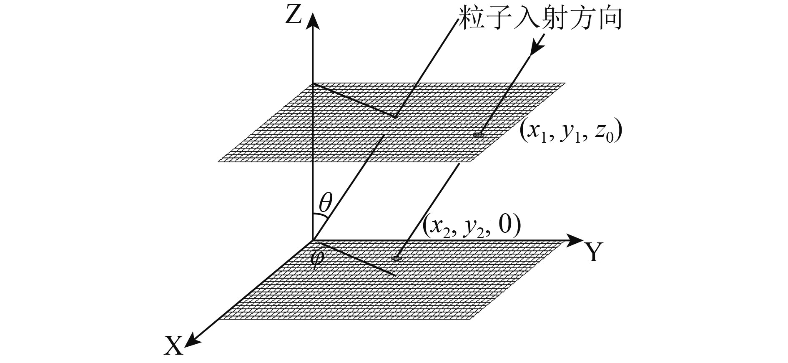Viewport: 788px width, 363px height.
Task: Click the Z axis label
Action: pyautogui.click(x=293, y=16)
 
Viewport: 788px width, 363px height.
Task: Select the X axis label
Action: pyautogui.click(x=173, y=346)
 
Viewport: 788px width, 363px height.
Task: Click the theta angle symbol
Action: pyautogui.click(x=326, y=204)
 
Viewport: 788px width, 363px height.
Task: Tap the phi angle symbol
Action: pyautogui.click(x=318, y=257)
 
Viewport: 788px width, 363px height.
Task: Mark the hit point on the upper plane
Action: pyautogui.click(x=478, y=134)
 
